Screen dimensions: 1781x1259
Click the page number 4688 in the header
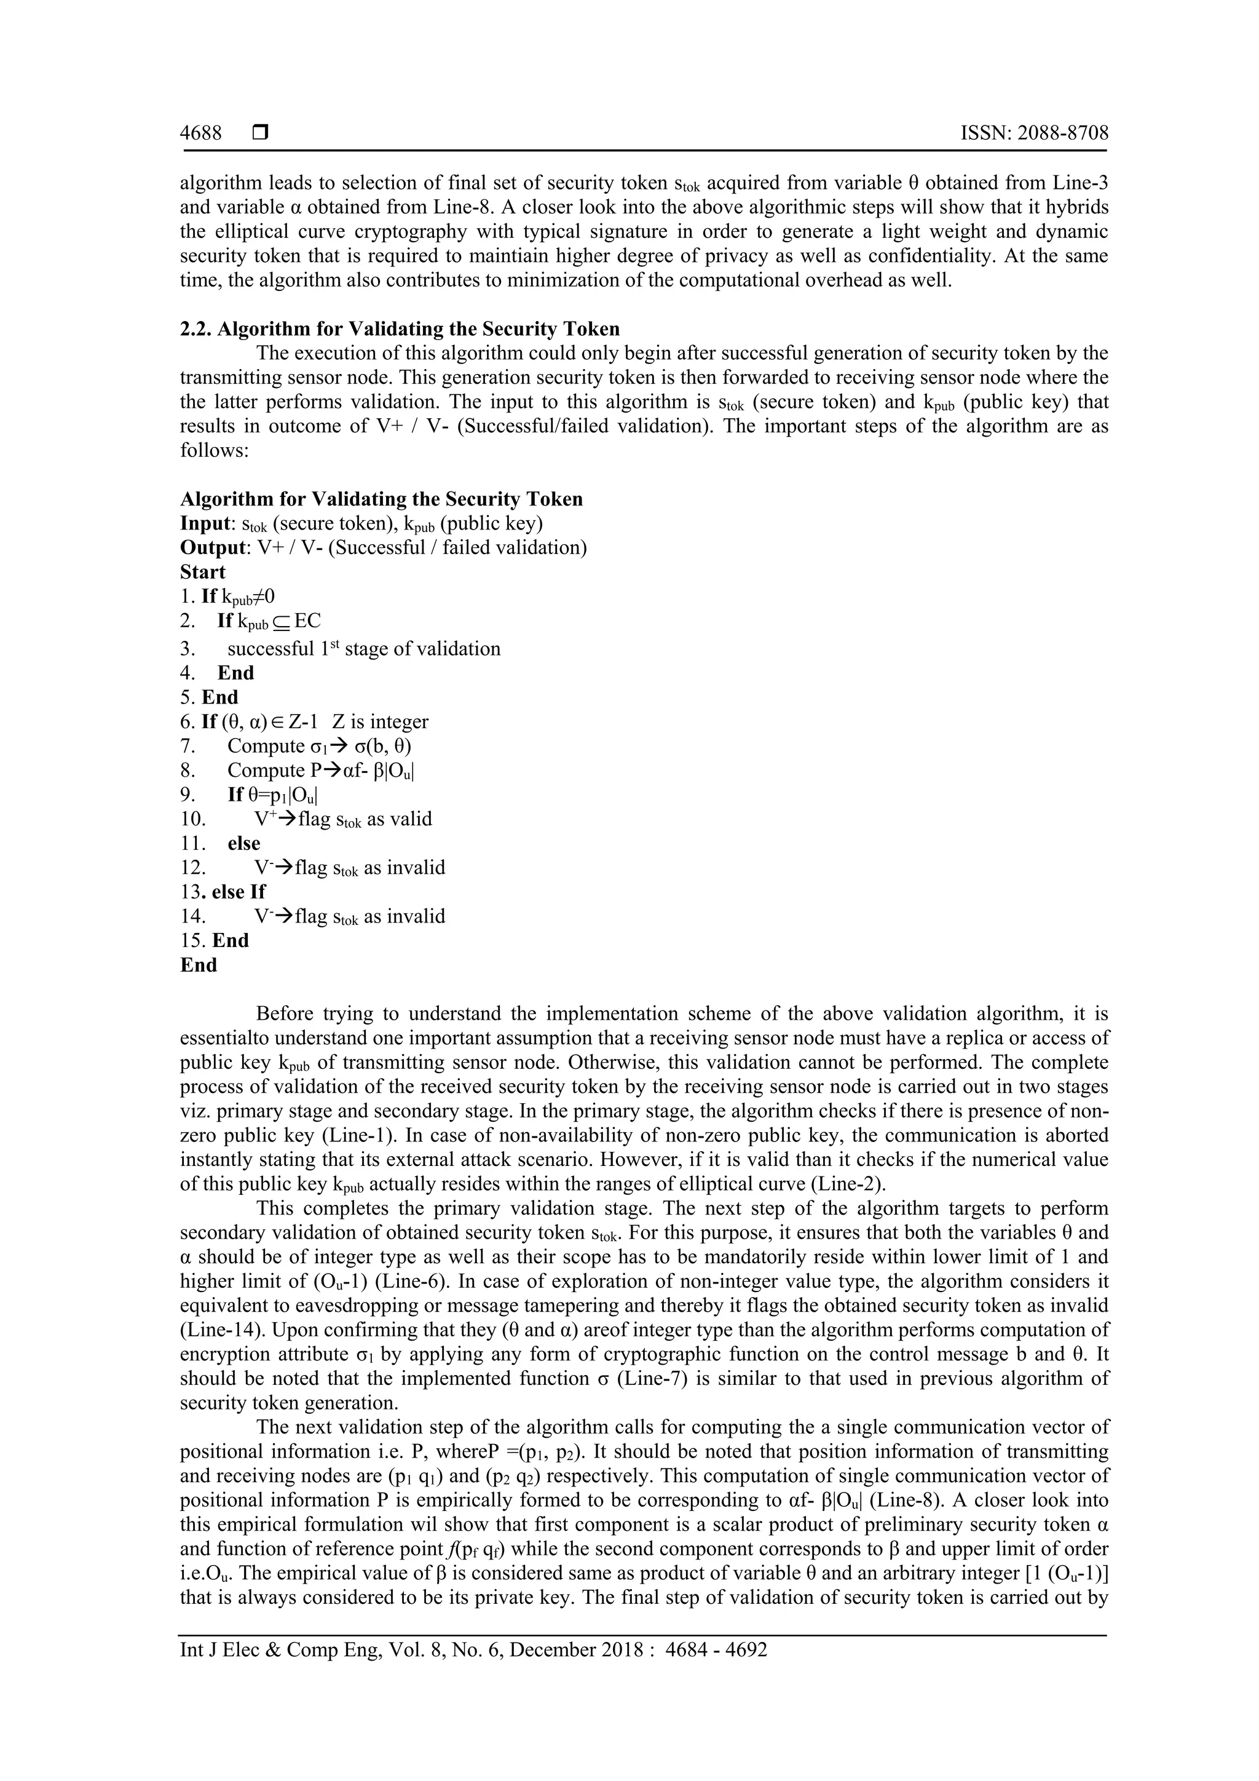coord(201,133)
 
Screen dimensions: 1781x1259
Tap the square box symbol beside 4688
coord(261,133)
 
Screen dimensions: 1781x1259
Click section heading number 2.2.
coord(195,329)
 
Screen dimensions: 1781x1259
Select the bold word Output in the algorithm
coord(211,547)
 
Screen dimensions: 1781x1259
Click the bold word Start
coord(202,572)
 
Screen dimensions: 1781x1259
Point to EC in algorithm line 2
coord(308,621)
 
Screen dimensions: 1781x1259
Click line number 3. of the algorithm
coord(188,648)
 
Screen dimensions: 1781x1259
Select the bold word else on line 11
coord(243,843)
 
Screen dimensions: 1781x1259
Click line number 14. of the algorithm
coord(192,916)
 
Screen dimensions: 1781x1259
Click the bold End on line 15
coord(231,940)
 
